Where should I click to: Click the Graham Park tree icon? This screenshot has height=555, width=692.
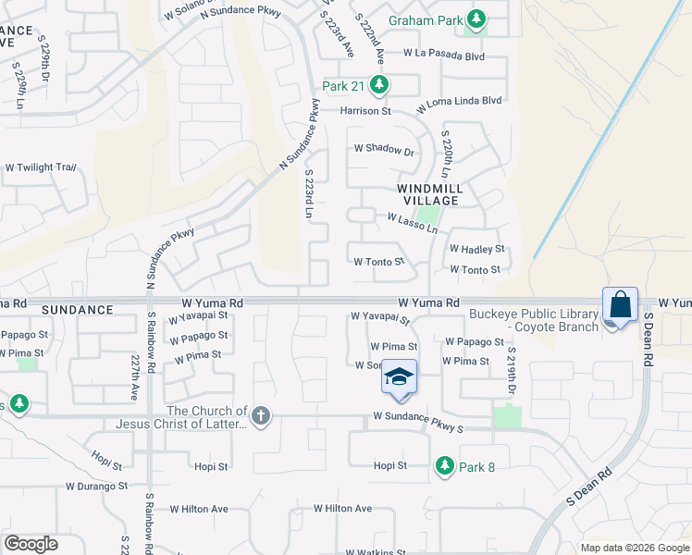click(x=476, y=18)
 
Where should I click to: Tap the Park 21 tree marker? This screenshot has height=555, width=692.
click(x=378, y=86)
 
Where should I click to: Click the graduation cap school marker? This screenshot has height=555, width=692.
click(x=399, y=377)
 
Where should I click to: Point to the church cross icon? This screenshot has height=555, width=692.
click(x=261, y=415)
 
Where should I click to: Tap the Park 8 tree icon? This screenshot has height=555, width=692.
click(x=445, y=465)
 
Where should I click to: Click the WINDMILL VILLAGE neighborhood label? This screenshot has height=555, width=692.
click(x=427, y=194)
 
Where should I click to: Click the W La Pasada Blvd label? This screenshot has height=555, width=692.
click(x=444, y=55)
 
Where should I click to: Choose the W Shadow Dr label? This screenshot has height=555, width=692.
click(x=384, y=150)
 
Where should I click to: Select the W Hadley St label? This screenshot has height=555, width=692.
click(x=476, y=249)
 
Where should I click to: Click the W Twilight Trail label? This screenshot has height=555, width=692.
click(x=40, y=167)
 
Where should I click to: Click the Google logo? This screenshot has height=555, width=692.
click(x=31, y=544)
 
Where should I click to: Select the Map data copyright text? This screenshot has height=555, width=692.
click(x=634, y=548)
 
